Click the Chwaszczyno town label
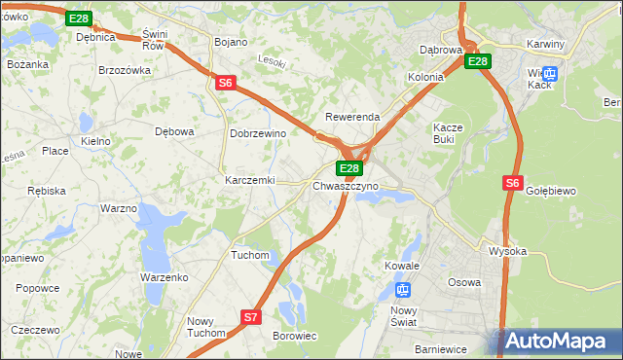(x=346, y=186)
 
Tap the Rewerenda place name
(x=352, y=117)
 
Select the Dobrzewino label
(x=257, y=133)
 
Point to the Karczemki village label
(x=250, y=181)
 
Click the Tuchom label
(x=249, y=255)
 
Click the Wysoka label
(x=507, y=251)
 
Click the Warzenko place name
(x=164, y=277)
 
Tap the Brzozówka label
(x=125, y=70)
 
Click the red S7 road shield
(x=251, y=316)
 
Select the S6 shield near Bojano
(x=226, y=84)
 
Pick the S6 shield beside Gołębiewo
(x=514, y=182)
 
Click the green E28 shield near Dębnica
(x=80, y=18)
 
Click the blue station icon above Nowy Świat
(x=404, y=289)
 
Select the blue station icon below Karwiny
(x=550, y=73)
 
